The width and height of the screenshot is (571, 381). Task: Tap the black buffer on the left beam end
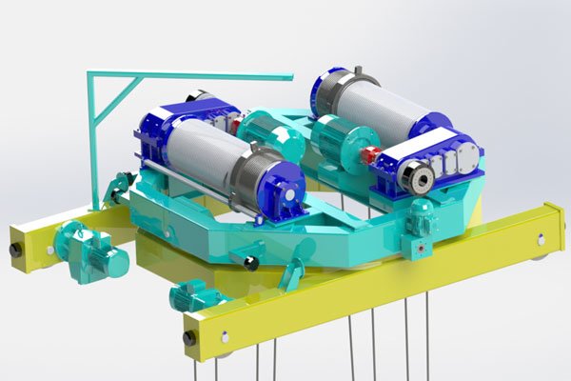pyautogui.click(x=15, y=250)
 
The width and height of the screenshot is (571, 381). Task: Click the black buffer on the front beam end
pyautogui.click(x=190, y=337)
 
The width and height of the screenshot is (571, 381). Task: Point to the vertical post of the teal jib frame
pyautogui.click(x=92, y=143)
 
